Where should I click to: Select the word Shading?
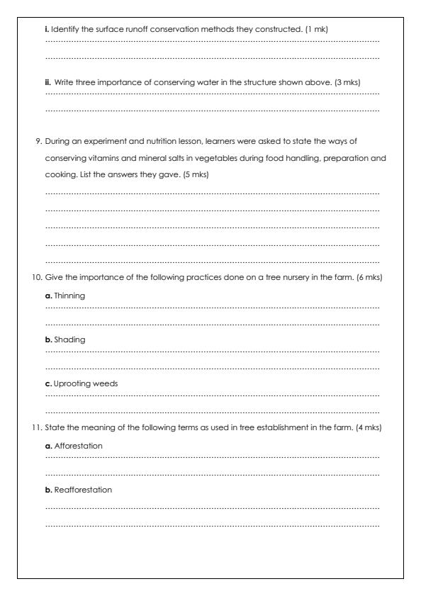click(69, 339)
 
